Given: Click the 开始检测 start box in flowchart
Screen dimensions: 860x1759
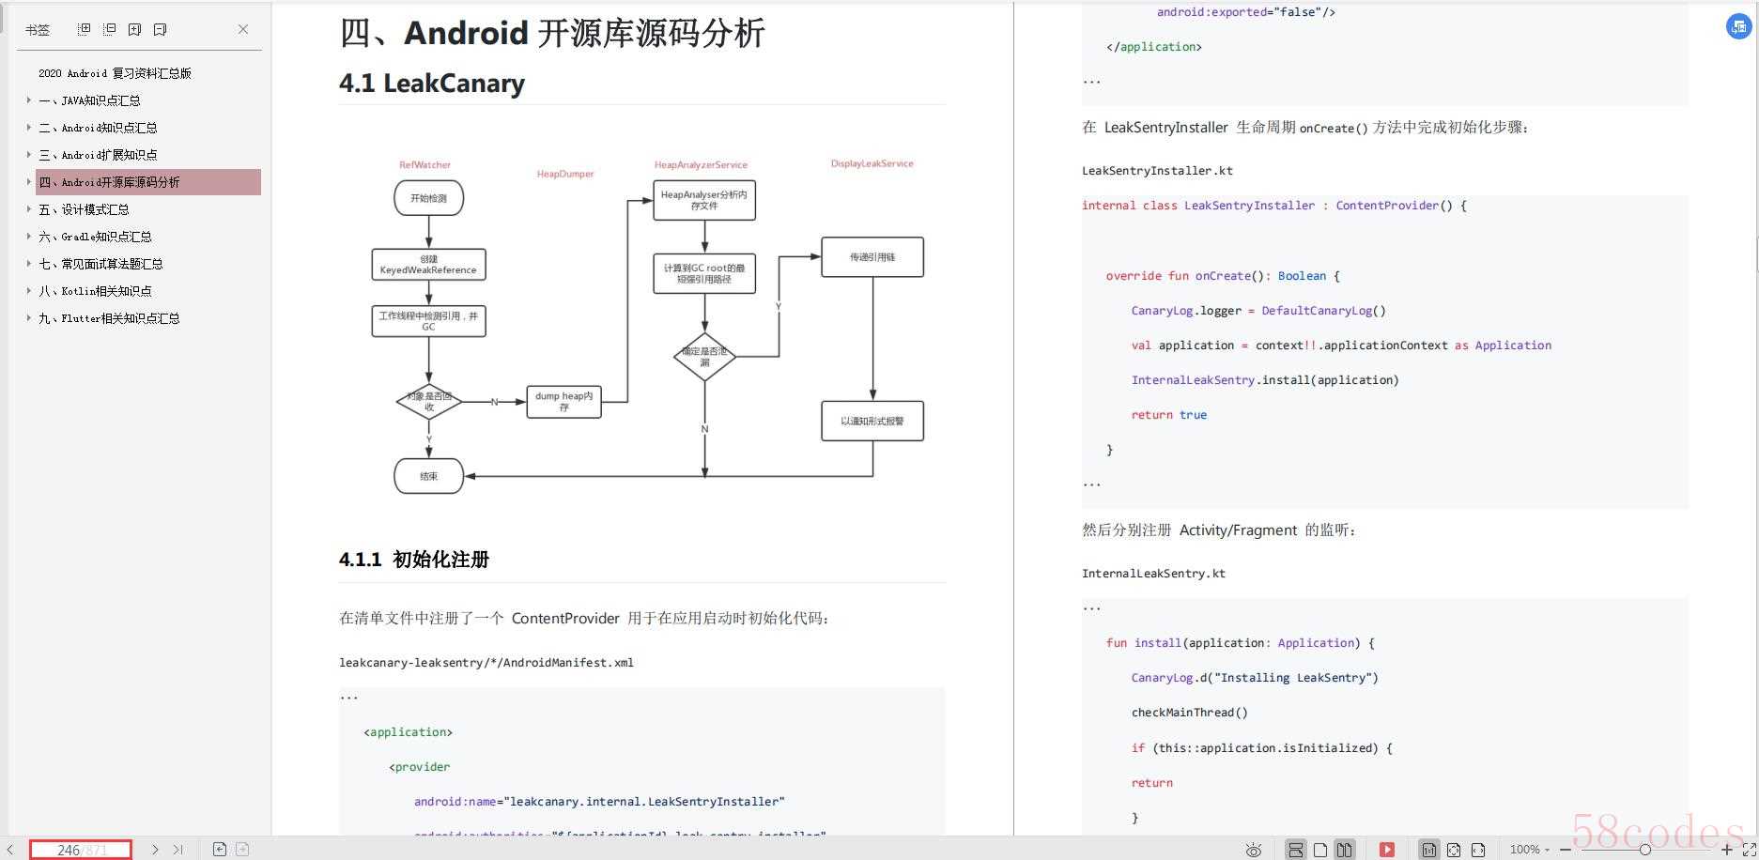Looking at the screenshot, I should [428, 198].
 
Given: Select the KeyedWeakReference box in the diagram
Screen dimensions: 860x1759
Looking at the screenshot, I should [428, 265].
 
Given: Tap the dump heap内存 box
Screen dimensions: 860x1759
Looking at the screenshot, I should [563, 402].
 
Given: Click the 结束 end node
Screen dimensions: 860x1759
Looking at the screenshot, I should [428, 476].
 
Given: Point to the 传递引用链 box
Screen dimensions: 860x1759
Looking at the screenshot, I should [872, 257].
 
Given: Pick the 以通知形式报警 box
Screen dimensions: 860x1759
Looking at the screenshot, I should [872, 421].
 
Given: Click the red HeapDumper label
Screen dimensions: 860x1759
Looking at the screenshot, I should [565, 174].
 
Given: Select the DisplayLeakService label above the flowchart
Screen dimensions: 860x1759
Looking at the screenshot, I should [872, 163].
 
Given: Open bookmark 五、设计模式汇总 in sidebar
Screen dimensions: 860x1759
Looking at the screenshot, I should [84, 209].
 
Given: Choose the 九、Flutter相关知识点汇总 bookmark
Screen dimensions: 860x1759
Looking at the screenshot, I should [109, 318].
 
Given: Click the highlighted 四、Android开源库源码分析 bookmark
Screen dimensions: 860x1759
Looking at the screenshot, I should [109, 182].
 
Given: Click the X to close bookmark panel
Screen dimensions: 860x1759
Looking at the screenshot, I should [243, 29].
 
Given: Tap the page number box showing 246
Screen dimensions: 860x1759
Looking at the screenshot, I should [80, 850].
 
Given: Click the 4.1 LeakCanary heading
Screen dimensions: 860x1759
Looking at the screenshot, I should [432, 84].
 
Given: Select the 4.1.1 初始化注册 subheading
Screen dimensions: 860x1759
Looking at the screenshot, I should [414, 560].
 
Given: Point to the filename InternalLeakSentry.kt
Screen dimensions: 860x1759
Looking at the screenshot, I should [1153, 574].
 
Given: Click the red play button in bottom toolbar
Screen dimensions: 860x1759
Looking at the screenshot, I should [1386, 850].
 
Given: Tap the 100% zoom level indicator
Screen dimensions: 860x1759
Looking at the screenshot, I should [1524, 850].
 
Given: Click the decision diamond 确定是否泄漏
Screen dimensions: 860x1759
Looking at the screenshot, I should [704, 357].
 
